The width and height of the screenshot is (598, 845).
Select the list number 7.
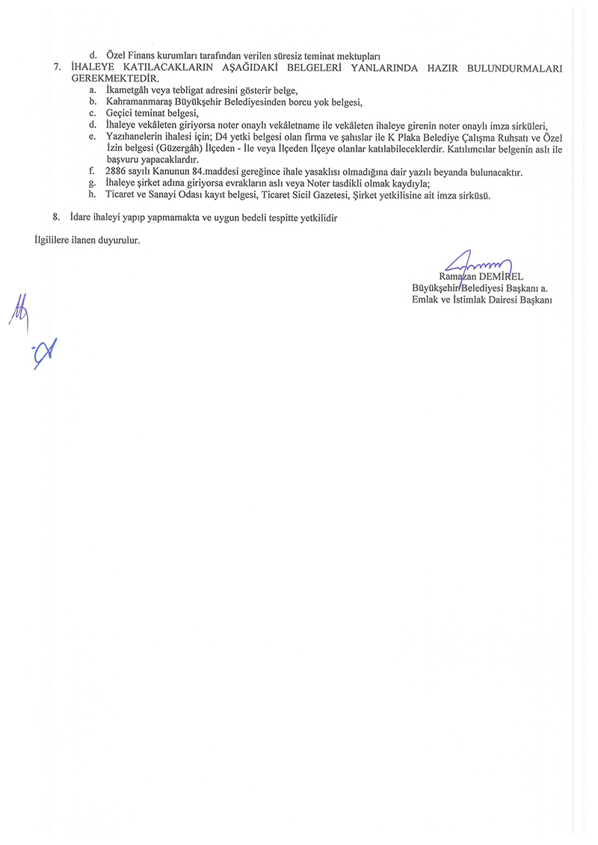tap(57, 67)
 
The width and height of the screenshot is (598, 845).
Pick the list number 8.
tap(57, 217)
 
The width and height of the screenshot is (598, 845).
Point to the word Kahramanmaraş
tap(139, 102)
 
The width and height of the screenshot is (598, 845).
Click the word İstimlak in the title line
tap(472, 300)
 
